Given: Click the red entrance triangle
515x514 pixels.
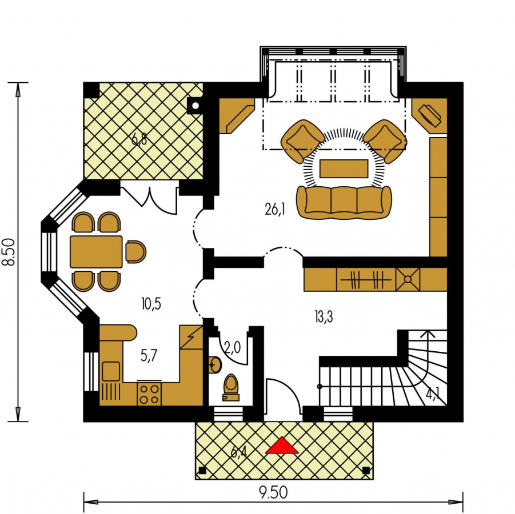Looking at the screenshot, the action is click(282, 446).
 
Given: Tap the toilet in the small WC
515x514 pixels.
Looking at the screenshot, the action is click(231, 388).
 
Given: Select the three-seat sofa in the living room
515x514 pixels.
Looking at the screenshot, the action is click(344, 202).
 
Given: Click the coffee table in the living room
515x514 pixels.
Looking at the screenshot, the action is click(344, 168).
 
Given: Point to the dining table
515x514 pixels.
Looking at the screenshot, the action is click(96, 252).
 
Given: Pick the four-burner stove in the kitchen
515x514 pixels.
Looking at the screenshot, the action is click(149, 393).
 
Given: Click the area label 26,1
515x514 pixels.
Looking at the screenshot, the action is click(275, 209).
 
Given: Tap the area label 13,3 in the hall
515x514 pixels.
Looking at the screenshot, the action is click(324, 317).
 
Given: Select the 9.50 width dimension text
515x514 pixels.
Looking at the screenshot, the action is click(273, 493).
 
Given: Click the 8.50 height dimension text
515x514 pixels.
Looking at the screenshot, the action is click(9, 251).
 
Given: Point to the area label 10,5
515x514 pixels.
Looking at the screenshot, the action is click(151, 304).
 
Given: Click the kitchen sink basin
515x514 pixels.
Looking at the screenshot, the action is click(111, 371).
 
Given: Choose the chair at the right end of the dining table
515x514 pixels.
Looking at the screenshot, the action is click(135, 252).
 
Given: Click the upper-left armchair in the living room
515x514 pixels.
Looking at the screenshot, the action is click(302, 141).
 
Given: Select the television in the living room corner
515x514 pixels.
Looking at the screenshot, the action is click(429, 115).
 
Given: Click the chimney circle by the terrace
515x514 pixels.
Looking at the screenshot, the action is click(195, 106).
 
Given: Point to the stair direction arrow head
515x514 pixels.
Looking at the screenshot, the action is click(428, 334).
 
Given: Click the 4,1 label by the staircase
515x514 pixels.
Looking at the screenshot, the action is click(433, 393).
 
